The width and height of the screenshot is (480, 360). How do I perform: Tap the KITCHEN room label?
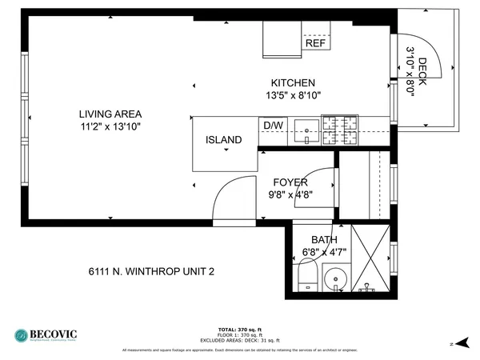point(293,83)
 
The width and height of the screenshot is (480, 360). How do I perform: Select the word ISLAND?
point(223,140)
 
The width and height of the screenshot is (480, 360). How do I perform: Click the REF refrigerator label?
point(314,44)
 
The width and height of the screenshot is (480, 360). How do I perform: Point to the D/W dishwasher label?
point(272,126)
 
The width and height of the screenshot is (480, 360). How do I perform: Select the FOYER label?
point(290,182)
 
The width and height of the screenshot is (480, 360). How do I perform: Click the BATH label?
point(324,240)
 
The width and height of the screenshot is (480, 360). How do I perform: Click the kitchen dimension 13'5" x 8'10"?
point(293,96)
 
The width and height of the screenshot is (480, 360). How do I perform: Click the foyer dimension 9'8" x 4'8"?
point(290,194)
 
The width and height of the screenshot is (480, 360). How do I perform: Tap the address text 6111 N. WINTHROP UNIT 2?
point(151,271)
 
